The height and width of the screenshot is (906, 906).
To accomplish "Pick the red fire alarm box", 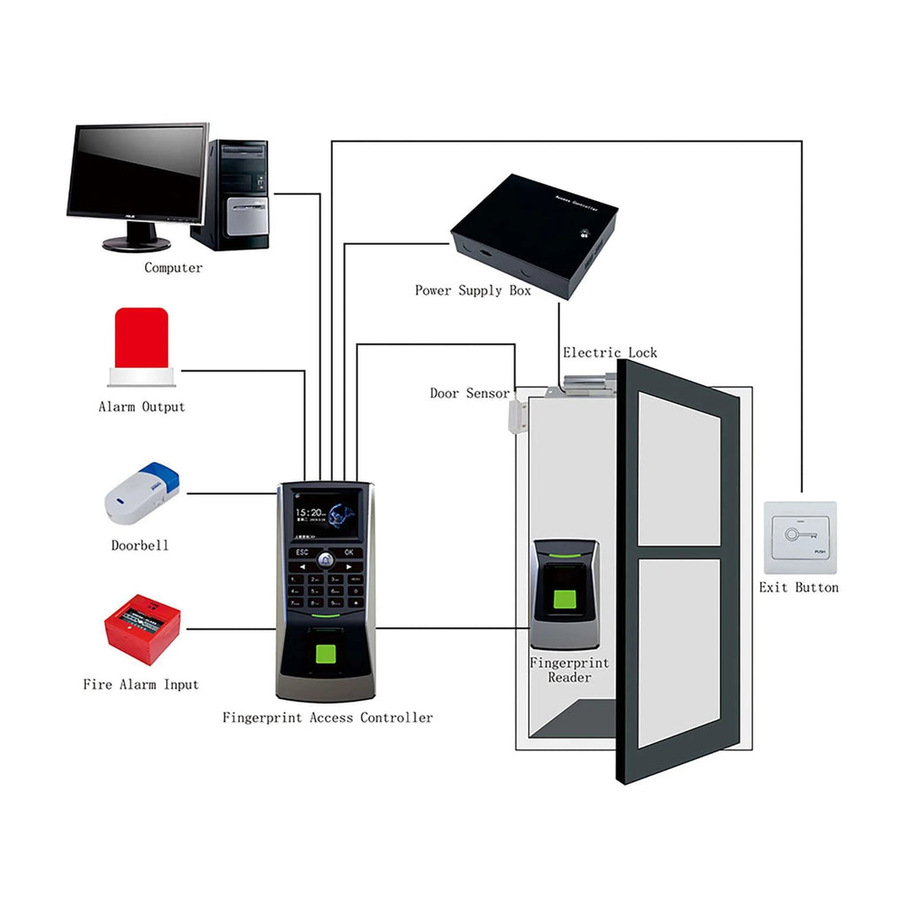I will coord(142,629).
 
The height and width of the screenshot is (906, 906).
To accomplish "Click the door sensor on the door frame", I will coord(516,417).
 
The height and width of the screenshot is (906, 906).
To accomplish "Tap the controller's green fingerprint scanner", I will coord(325,656).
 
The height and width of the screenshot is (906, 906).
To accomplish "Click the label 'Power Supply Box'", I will coord(472,290).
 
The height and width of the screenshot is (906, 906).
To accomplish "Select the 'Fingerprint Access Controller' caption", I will coord(327,718).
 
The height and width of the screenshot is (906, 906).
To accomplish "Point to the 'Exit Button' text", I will coord(798,587).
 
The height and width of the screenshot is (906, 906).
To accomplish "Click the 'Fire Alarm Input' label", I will coord(141,685).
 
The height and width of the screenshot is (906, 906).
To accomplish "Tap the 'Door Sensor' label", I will coord(470,393).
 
